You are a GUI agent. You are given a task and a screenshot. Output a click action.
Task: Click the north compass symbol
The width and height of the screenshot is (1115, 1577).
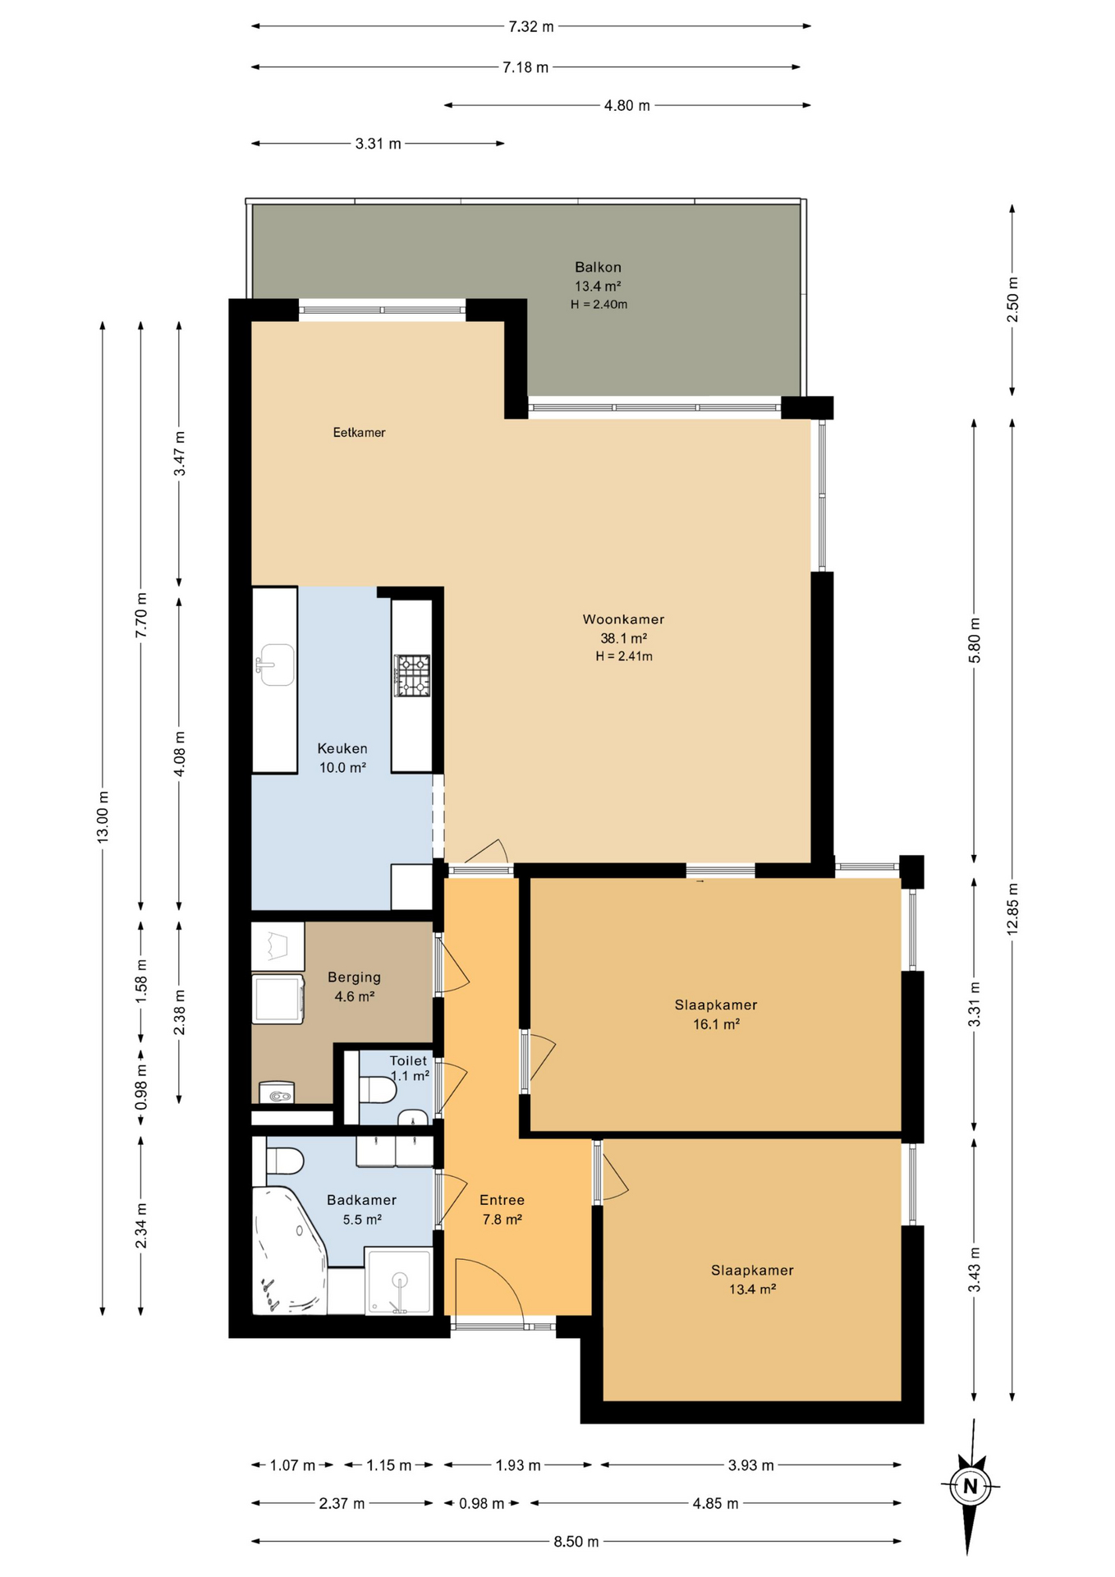[x=970, y=1486]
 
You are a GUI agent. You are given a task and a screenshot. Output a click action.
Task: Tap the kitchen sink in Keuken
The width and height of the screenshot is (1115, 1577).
[x=276, y=664]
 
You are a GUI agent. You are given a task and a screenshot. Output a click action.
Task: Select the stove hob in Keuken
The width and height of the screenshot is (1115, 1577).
[x=411, y=675]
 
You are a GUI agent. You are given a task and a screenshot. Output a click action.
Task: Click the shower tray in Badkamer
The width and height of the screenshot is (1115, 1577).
[x=398, y=1280]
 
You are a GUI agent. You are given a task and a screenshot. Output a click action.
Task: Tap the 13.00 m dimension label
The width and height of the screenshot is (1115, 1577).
[x=103, y=816]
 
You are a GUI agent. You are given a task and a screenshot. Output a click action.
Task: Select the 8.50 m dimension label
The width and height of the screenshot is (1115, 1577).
[x=576, y=1542]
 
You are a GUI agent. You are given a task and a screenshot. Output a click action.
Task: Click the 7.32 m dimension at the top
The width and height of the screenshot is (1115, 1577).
[x=530, y=26]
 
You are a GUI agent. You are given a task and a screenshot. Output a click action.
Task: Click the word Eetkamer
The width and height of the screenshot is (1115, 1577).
[x=359, y=432]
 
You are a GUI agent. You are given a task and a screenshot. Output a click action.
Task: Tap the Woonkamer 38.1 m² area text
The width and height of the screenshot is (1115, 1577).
[x=623, y=638]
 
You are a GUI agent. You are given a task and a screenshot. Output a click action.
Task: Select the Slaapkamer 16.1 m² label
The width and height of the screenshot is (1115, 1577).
[x=716, y=1014]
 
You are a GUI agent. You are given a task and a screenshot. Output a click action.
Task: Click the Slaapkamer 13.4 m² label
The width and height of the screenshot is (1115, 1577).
[x=752, y=1279]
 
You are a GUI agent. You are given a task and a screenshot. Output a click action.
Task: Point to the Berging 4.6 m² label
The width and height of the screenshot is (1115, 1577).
[x=354, y=986]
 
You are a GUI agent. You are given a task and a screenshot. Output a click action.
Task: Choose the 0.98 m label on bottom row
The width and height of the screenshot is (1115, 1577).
[x=481, y=1503]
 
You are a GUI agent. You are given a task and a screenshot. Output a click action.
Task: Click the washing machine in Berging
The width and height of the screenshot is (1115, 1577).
[x=278, y=998]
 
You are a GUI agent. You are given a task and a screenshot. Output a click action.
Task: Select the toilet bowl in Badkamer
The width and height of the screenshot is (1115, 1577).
[x=285, y=1161]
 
